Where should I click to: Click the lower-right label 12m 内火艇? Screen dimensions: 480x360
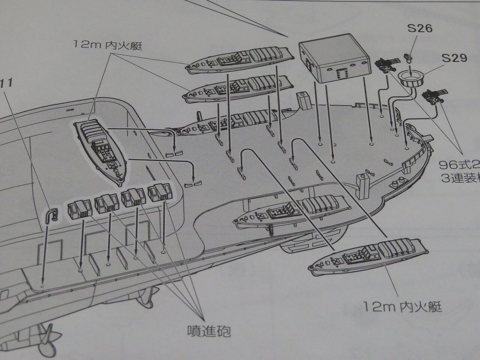402,307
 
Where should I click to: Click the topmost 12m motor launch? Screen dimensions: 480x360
240,59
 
